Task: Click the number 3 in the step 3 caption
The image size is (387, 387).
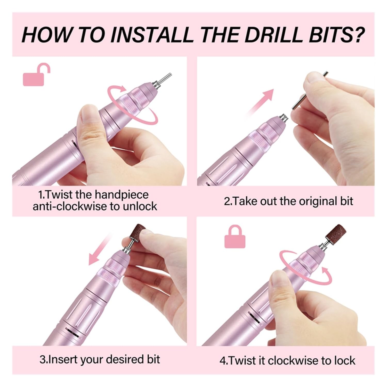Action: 42,359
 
